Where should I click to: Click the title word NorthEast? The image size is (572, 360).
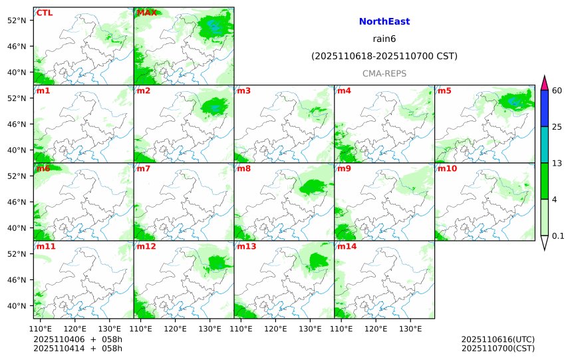[x=384, y=22]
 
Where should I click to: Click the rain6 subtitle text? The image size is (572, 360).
[x=384, y=39]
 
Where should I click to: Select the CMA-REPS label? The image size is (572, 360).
[x=384, y=73]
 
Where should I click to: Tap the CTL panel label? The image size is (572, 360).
[x=45, y=13]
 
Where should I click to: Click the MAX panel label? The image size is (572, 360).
[x=147, y=13]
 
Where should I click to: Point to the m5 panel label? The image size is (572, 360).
[x=444, y=91]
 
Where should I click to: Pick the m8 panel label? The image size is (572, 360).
[x=243, y=169]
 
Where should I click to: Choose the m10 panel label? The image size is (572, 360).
[x=447, y=169]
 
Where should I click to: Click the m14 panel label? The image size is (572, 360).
[x=347, y=247]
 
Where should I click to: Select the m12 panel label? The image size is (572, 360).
[x=146, y=247]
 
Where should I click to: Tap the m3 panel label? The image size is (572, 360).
[x=243, y=91]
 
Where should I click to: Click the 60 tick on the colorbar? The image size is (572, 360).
[x=557, y=90]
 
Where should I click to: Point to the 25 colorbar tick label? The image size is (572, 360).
[x=557, y=127]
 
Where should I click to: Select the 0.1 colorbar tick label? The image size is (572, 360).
[x=558, y=236]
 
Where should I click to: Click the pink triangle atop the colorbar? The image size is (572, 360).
[x=544, y=83]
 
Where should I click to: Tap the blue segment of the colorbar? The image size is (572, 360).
[x=544, y=108]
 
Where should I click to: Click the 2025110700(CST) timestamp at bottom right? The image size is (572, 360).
[x=498, y=348]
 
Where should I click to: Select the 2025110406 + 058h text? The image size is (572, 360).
[x=78, y=339]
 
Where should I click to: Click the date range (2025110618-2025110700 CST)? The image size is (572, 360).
[x=384, y=57]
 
